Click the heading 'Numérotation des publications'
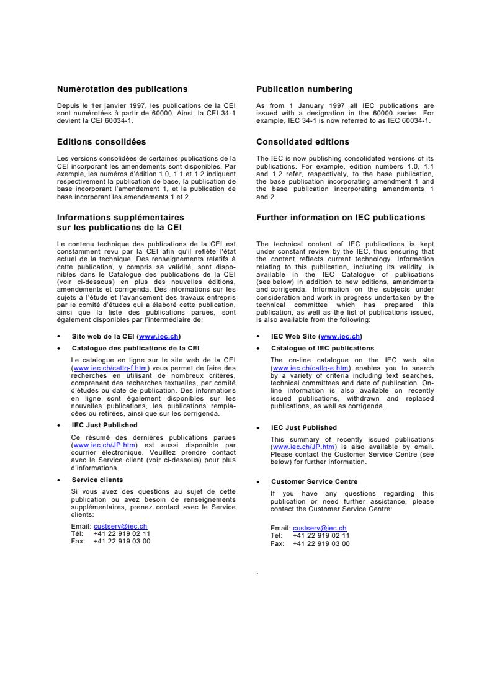(x=122, y=89)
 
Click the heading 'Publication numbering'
(x=304, y=89)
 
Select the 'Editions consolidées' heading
(x=102, y=142)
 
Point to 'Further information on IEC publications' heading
(x=341, y=218)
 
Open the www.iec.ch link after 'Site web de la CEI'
(x=159, y=336)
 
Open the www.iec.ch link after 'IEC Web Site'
(x=339, y=336)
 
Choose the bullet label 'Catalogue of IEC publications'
(x=323, y=349)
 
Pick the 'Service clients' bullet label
(x=97, y=480)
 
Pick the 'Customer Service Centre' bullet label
(x=314, y=481)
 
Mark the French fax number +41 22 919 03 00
(x=122, y=541)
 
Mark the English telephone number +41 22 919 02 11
(x=321, y=536)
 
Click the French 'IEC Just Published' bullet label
(x=104, y=426)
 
